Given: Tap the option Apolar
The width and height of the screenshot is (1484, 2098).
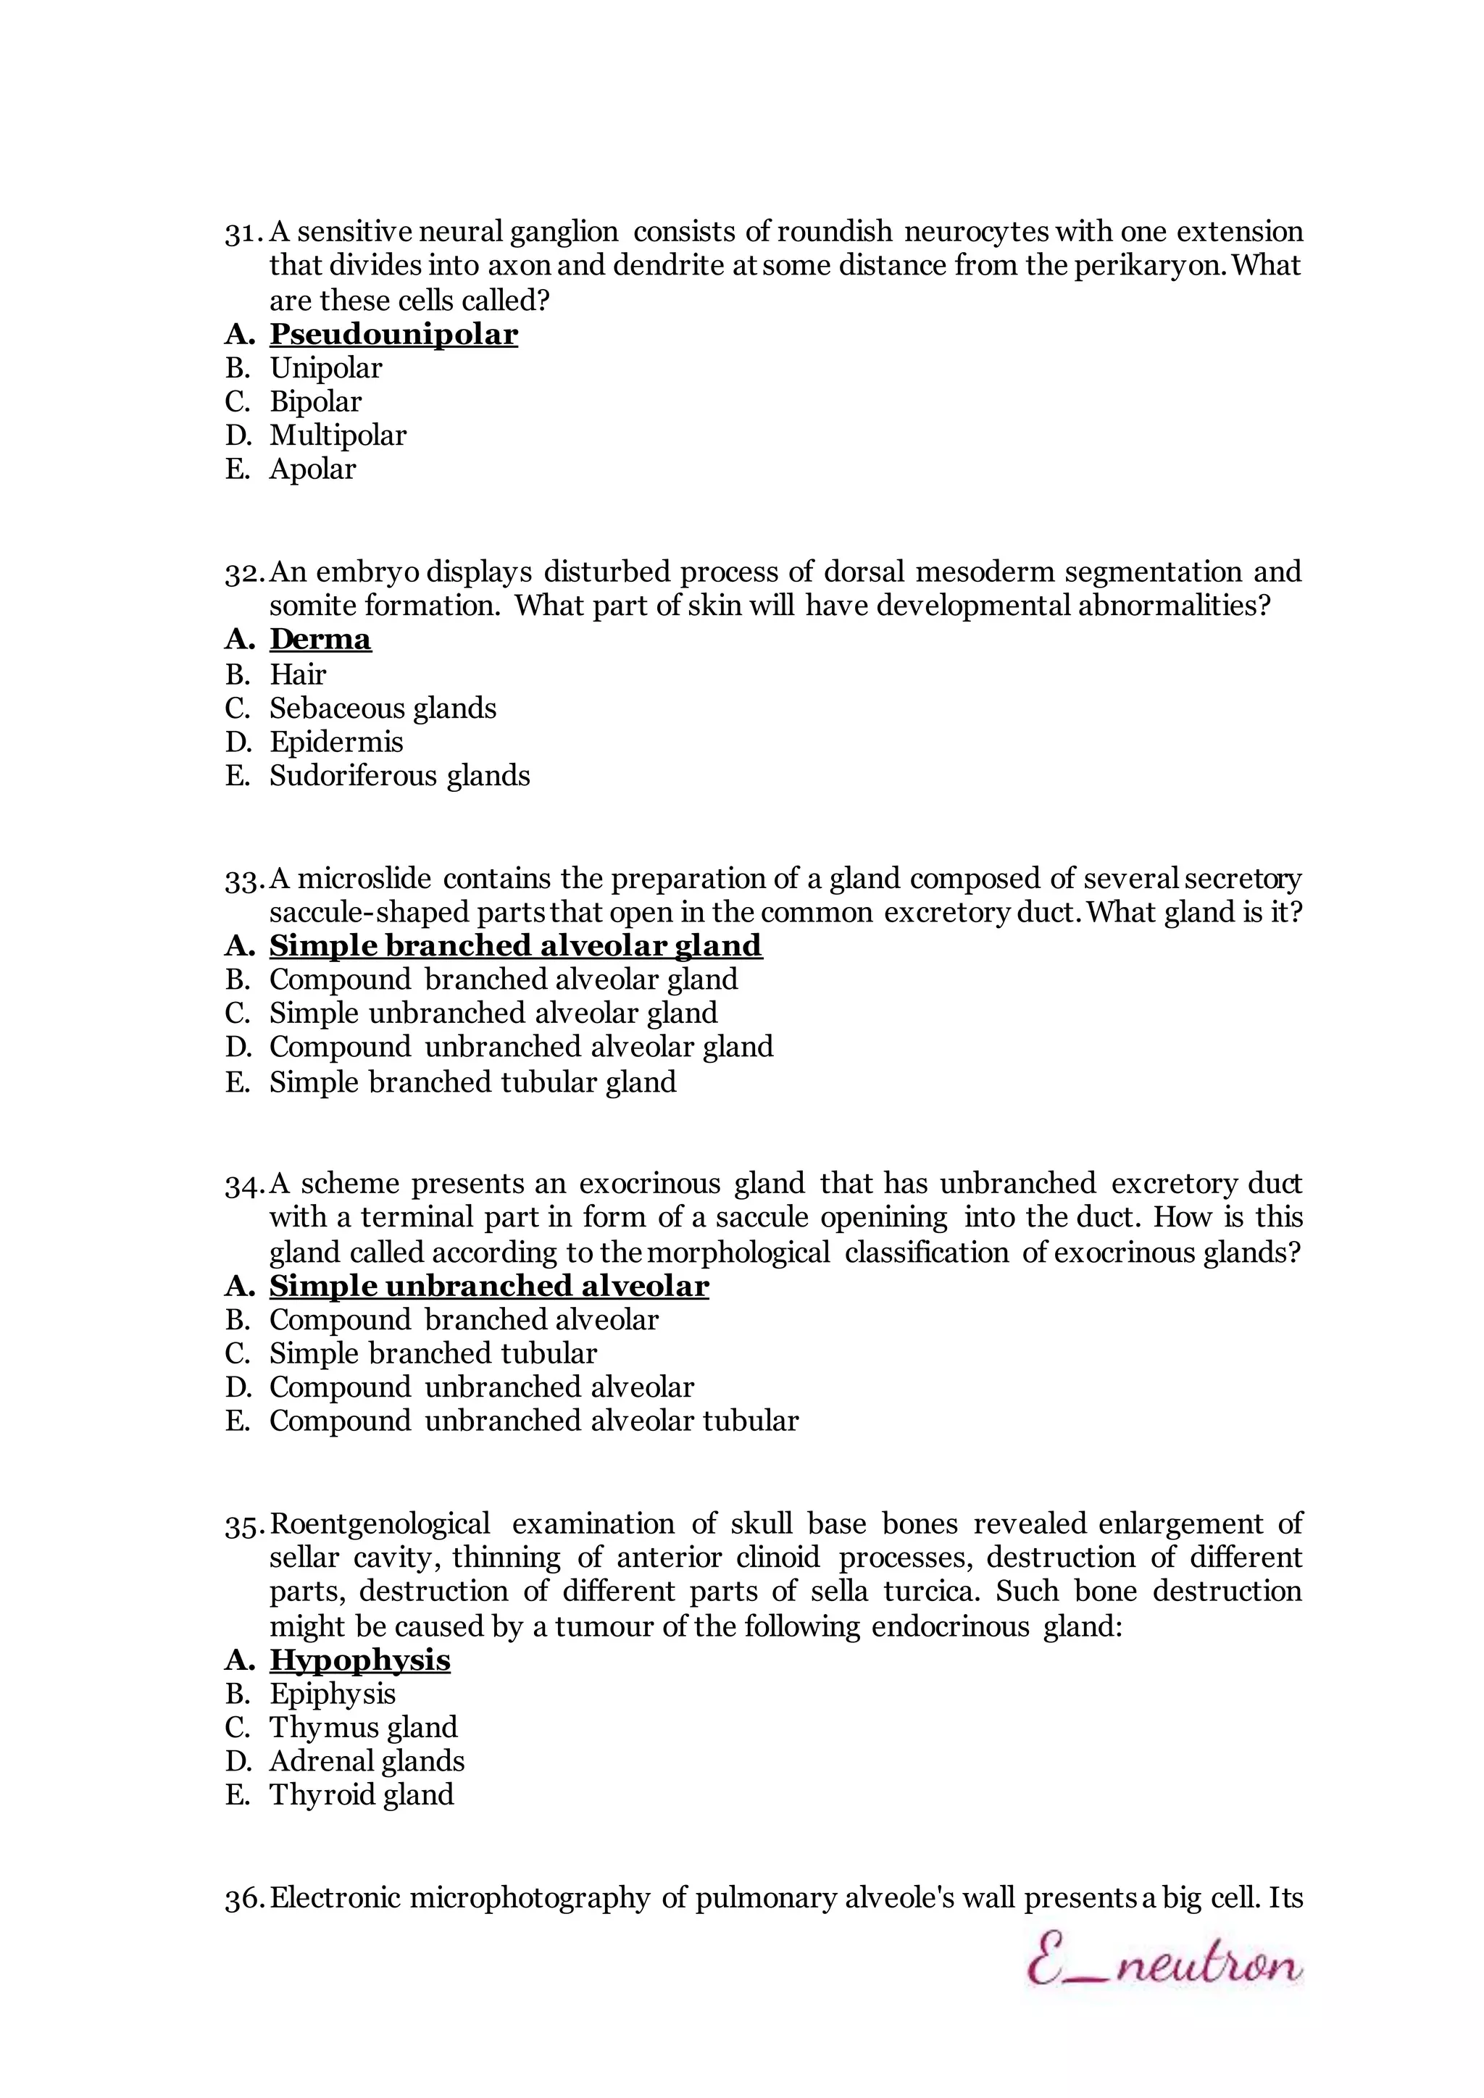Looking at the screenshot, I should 312,469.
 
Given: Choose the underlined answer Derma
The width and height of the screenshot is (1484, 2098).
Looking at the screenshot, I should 320,639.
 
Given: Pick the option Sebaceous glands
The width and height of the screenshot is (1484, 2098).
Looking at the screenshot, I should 382,709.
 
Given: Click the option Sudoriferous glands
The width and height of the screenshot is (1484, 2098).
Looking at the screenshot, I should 399,776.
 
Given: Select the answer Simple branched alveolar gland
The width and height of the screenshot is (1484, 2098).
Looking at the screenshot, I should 515,945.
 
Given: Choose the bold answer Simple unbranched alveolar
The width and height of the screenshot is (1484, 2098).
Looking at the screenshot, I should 489,1286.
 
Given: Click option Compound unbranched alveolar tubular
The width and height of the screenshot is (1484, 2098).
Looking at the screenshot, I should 533,1421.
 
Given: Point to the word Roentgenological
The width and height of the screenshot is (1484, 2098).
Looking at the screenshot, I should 380,1524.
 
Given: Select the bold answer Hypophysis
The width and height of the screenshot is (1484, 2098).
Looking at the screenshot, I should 359,1660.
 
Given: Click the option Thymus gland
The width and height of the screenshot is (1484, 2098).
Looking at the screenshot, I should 363,1727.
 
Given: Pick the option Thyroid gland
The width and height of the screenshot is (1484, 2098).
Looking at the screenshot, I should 361,1794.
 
